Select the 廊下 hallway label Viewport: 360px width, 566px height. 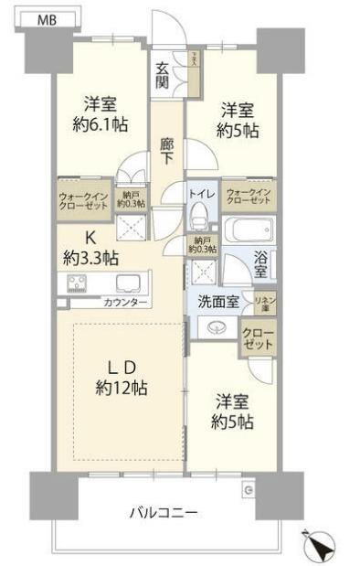(x=165, y=152)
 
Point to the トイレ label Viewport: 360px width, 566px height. (x=201, y=193)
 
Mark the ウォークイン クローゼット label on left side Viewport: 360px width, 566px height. (x=83, y=200)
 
